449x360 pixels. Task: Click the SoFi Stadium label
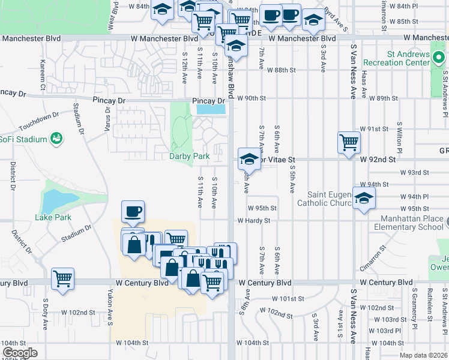pyautogui.click(x=23, y=140)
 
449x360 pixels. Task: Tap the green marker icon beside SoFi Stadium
pyautogui.click(x=57, y=139)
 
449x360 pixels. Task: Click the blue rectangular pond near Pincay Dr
pyautogui.click(x=211, y=109)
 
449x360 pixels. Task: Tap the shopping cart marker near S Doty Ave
pyautogui.click(x=62, y=278)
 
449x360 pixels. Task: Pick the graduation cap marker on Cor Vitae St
pyautogui.click(x=249, y=158)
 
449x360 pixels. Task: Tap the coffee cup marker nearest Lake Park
pyautogui.click(x=133, y=211)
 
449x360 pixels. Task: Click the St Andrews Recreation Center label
pyautogui.click(x=408, y=58)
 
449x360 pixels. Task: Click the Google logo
pyautogui.click(x=19, y=353)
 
